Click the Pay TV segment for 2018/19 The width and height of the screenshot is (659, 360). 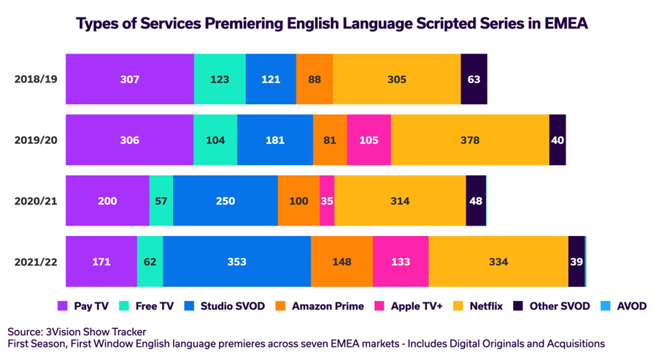tap(130, 79)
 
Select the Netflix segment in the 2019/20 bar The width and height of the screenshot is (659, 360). tap(470, 139)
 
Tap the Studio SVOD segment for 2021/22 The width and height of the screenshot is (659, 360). tap(236, 261)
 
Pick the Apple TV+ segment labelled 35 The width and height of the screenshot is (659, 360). tap(327, 200)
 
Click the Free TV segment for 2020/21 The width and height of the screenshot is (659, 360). tap(161, 200)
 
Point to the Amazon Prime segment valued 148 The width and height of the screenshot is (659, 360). tap(342, 261)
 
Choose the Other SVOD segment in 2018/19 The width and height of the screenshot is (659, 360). tap(474, 79)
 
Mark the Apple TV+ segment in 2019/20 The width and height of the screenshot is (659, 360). tap(369, 139)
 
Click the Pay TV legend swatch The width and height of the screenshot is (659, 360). tap(63, 306)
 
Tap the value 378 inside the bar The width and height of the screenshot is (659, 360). tap(470, 139)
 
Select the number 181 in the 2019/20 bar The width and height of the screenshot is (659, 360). tap(274, 139)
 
